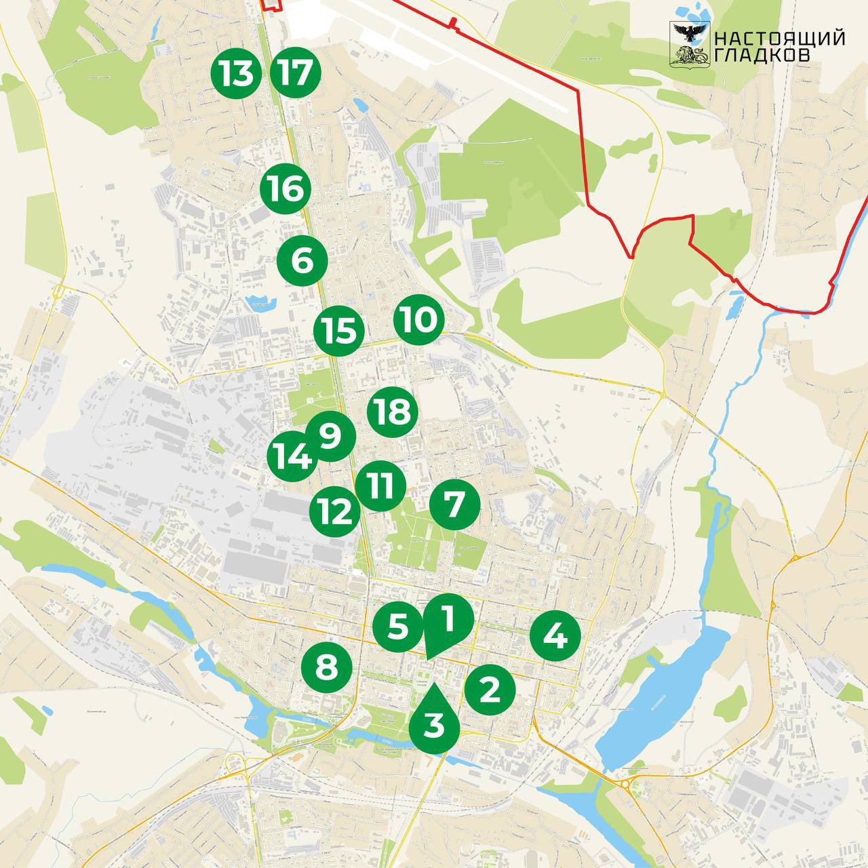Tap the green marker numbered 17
[x=295, y=73]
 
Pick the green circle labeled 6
[x=303, y=260]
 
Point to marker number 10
[x=419, y=319]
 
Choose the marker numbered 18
[x=393, y=411]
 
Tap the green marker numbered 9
[x=331, y=436]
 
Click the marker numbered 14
[x=290, y=458]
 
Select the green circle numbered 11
[x=380, y=486]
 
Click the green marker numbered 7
[x=455, y=505]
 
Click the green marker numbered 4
[x=555, y=636]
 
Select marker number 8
[x=327, y=667]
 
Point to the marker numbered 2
[x=490, y=690]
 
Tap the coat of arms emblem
[x=689, y=45]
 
